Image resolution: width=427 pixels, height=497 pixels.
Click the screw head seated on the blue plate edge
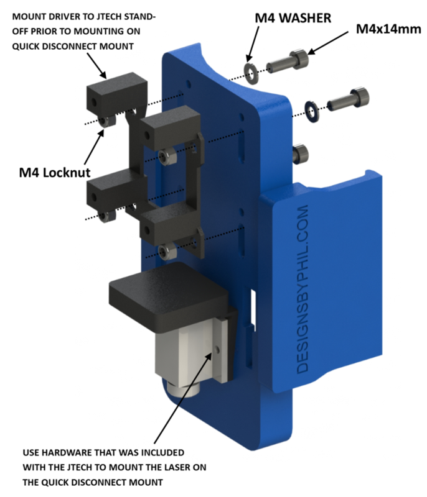(x=301, y=152)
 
